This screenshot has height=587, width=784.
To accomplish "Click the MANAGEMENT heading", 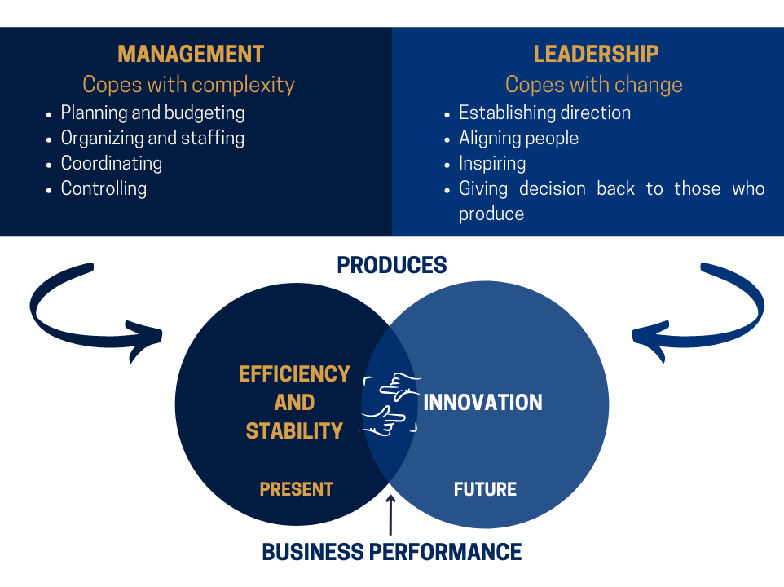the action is point(191,54).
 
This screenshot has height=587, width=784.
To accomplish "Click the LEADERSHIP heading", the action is point(596,54).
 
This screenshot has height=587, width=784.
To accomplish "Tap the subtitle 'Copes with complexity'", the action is point(188,85).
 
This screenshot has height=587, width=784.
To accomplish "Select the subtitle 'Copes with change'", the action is point(593,85).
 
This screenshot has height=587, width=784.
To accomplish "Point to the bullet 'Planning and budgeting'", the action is point(152,113).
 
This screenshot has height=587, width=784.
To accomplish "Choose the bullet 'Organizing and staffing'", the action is point(152,139).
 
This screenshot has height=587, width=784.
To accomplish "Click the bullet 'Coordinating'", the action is point(112,164).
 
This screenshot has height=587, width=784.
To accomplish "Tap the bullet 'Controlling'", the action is point(104,188).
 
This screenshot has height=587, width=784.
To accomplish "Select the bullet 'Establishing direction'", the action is point(544,113).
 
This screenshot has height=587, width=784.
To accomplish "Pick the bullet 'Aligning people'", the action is point(518,139).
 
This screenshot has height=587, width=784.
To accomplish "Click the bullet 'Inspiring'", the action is point(492,164).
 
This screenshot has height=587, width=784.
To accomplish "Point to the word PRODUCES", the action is point(392,265).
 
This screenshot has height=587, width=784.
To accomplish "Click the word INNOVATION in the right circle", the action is point(482,403).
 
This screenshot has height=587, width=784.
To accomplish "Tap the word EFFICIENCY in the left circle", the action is point(294,374).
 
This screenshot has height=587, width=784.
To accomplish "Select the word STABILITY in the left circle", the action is point(294,431).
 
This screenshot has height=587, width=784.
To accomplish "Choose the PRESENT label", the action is point(296,489).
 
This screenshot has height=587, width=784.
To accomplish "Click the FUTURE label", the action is point(485,489).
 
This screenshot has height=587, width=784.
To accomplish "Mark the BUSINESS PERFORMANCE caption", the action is point(391,552).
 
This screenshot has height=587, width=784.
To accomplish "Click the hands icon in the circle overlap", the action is point(391,404).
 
